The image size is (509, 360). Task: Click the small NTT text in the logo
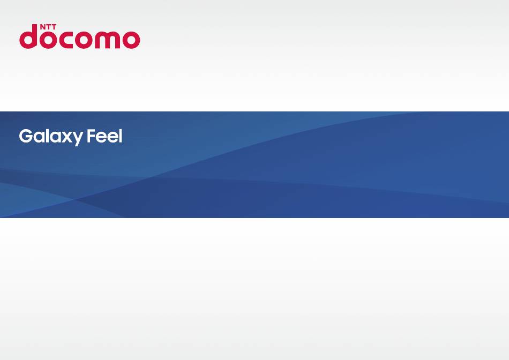48,27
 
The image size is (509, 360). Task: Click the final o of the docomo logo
131,40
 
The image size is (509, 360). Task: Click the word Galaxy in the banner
51,137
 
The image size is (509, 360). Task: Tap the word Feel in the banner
104,136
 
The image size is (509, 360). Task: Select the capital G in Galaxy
26,136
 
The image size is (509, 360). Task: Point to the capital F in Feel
92,136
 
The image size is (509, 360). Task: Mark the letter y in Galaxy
77,139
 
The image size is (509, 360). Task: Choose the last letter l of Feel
121,136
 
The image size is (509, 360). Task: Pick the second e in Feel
113,138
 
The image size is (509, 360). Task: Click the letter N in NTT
42,27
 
